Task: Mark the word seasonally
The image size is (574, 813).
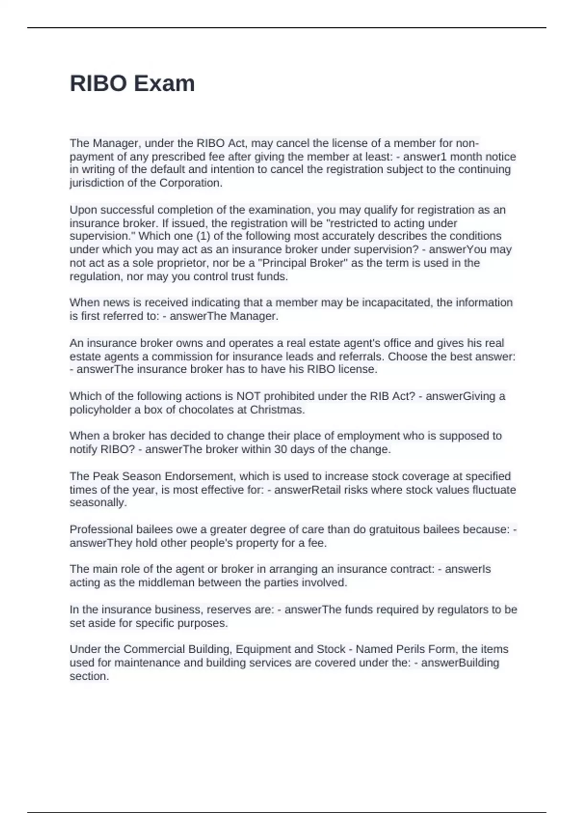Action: [x=98, y=503]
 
